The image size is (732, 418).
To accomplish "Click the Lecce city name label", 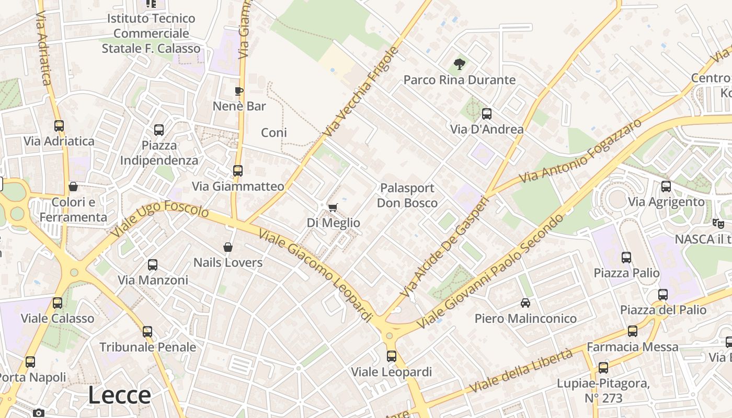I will pyautogui.click(x=119, y=395).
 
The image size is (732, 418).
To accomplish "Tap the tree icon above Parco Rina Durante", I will pyautogui.click(x=460, y=65).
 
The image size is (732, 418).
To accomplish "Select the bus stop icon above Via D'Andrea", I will pyautogui.click(x=487, y=114).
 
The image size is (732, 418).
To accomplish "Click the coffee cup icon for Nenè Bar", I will pyautogui.click(x=239, y=91).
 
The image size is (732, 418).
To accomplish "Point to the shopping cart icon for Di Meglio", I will pyautogui.click(x=333, y=207).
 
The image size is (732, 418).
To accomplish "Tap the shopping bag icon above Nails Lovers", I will pyautogui.click(x=228, y=247).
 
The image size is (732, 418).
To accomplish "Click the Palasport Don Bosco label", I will pyautogui.click(x=407, y=195).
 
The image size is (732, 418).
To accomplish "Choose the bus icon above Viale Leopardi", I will pyautogui.click(x=392, y=356).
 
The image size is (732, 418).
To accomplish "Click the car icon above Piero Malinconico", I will pyautogui.click(x=525, y=303).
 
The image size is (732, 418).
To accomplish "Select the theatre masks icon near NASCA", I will pyautogui.click(x=718, y=224).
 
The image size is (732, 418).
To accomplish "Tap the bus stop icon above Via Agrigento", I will pyautogui.click(x=666, y=187).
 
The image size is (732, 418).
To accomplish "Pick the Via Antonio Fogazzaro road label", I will pyautogui.click(x=580, y=152).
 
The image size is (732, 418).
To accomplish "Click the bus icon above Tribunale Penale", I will pyautogui.click(x=147, y=332).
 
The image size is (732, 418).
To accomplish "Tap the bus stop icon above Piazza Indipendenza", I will pyautogui.click(x=159, y=130).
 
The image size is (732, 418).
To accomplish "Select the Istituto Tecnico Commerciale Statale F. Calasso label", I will pyautogui.click(x=151, y=33).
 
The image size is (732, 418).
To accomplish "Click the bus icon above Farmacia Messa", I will pyautogui.click(x=633, y=331).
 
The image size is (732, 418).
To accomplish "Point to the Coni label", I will pyautogui.click(x=274, y=133).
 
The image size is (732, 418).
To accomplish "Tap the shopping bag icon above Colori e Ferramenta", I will pyautogui.click(x=73, y=187).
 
